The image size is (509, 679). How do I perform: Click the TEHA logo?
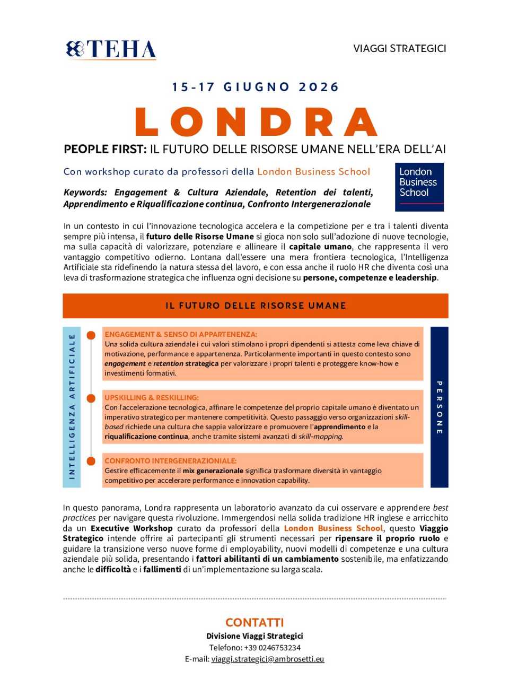pyautogui.click(x=111, y=49)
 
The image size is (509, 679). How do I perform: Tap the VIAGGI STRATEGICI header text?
pyautogui.click(x=399, y=48)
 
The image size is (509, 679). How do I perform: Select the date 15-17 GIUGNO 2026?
pyautogui.click(x=255, y=87)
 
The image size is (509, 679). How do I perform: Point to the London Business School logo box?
pyautogui.click(x=419, y=187)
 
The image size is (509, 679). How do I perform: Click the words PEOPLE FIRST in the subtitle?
pyautogui.click(x=104, y=149)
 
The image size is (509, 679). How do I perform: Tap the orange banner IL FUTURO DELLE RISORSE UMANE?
pyautogui.click(x=255, y=306)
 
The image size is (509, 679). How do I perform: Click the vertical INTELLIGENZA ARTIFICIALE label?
pyautogui.click(x=72, y=406)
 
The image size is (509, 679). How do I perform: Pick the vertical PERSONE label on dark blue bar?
pyautogui.click(x=439, y=407)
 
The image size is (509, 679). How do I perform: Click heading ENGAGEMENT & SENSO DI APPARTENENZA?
pyautogui.click(x=180, y=334)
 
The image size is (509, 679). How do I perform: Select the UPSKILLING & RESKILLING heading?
pyautogui.click(x=151, y=397)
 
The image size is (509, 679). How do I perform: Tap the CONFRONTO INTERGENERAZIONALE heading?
pyautogui.click(x=170, y=460)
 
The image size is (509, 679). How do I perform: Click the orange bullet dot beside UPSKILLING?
pyautogui.click(x=91, y=398)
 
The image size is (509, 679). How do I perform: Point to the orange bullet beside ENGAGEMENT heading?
pyautogui.click(x=91, y=335)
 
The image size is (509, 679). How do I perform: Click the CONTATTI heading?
pyautogui.click(x=254, y=622)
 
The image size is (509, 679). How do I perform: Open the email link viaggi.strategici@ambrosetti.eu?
pyautogui.click(x=267, y=659)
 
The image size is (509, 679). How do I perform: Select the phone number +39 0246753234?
pyautogui.click(x=272, y=647)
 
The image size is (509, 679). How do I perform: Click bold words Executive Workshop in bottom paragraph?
pyautogui.click(x=131, y=528)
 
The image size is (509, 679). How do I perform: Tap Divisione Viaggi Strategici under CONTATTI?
pyautogui.click(x=254, y=636)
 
